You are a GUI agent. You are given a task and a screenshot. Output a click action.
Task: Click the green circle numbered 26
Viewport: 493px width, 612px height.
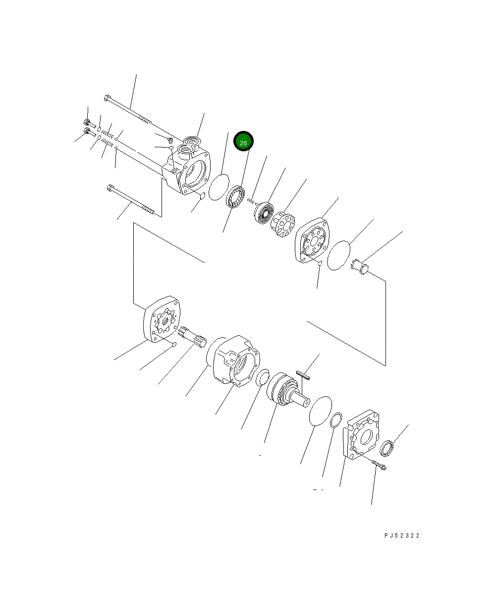click(x=243, y=142)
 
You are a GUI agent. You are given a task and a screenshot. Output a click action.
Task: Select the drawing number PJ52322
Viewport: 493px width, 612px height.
click(x=401, y=536)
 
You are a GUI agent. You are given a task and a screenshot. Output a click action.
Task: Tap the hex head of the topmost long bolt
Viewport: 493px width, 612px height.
click(x=107, y=98)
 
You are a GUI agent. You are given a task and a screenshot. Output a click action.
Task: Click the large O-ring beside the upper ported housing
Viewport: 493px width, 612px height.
click(x=219, y=187)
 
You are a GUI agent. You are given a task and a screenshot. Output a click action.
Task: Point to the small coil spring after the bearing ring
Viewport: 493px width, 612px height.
click(x=252, y=201)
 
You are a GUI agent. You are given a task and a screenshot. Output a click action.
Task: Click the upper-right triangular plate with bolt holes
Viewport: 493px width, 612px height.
click(x=312, y=240)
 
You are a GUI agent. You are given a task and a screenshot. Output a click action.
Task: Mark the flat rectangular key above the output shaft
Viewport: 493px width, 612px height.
click(x=302, y=375)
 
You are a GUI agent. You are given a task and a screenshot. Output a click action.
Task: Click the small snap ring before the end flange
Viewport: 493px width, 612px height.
click(x=335, y=420)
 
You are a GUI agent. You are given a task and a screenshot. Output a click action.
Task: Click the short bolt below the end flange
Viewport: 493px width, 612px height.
click(x=379, y=465)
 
